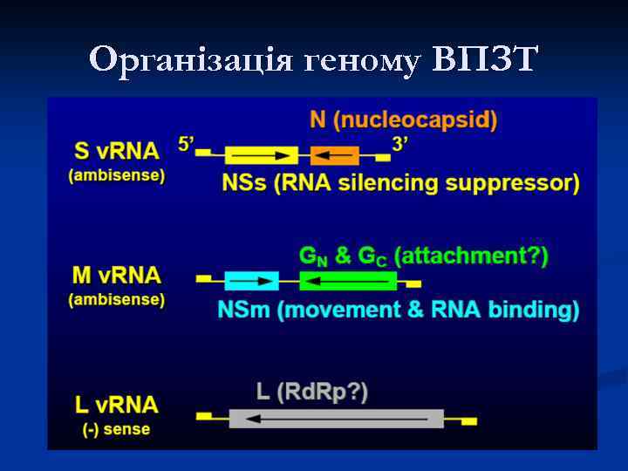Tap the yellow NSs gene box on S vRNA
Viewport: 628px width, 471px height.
(x=261, y=155)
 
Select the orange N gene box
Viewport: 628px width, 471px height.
(x=334, y=155)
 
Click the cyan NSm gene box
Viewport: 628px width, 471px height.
(x=251, y=281)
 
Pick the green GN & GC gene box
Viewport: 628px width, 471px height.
(x=347, y=281)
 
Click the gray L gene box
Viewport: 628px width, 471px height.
(x=336, y=419)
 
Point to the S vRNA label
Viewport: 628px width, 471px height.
(x=117, y=151)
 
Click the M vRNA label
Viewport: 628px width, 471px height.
(x=117, y=276)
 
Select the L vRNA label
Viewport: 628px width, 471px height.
(x=117, y=405)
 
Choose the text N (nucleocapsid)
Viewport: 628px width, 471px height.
(x=403, y=121)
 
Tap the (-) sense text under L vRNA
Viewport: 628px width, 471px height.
(x=117, y=428)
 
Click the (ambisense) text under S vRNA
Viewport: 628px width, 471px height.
(x=117, y=175)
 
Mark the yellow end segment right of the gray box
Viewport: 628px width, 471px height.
(x=468, y=421)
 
